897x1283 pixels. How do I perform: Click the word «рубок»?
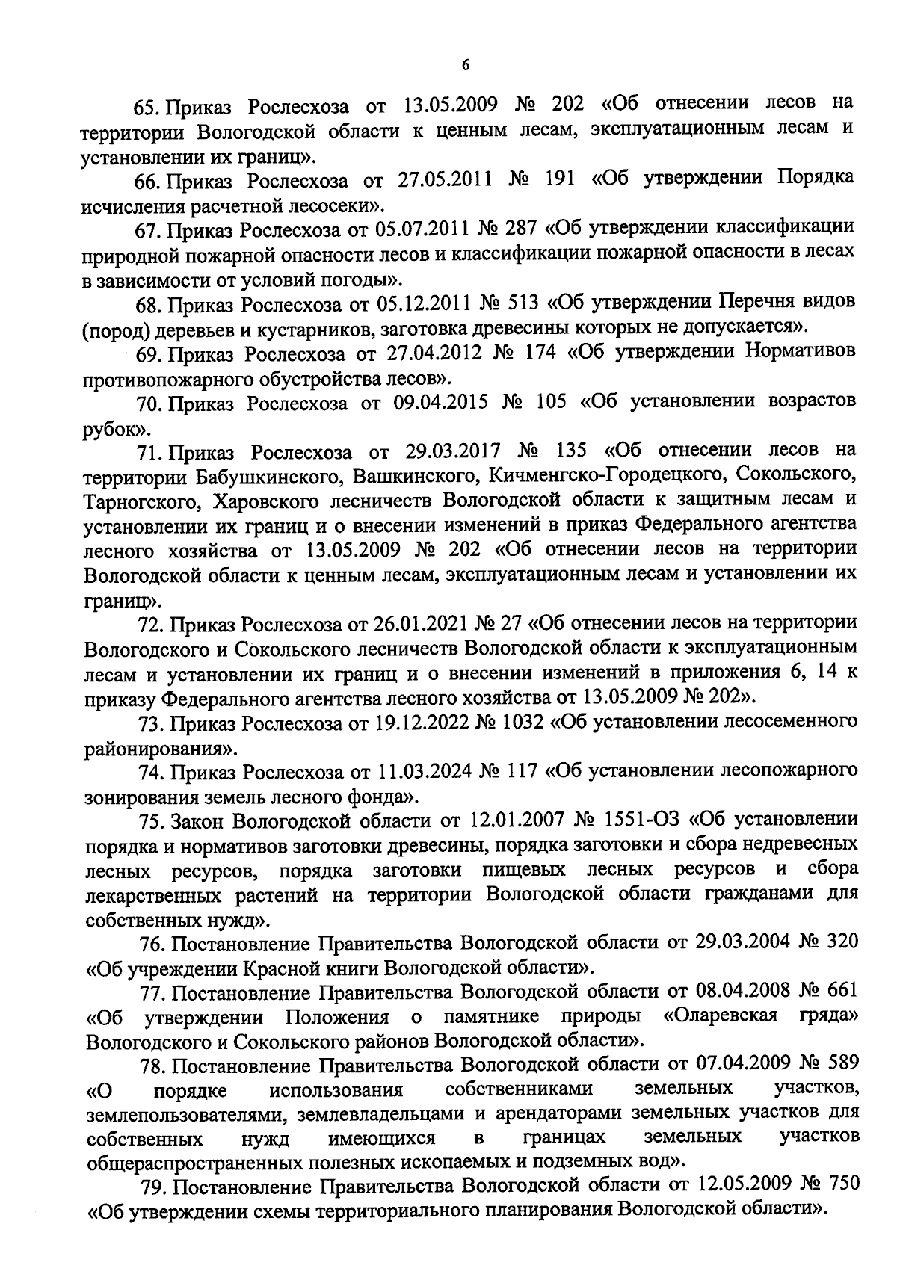(112, 429)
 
